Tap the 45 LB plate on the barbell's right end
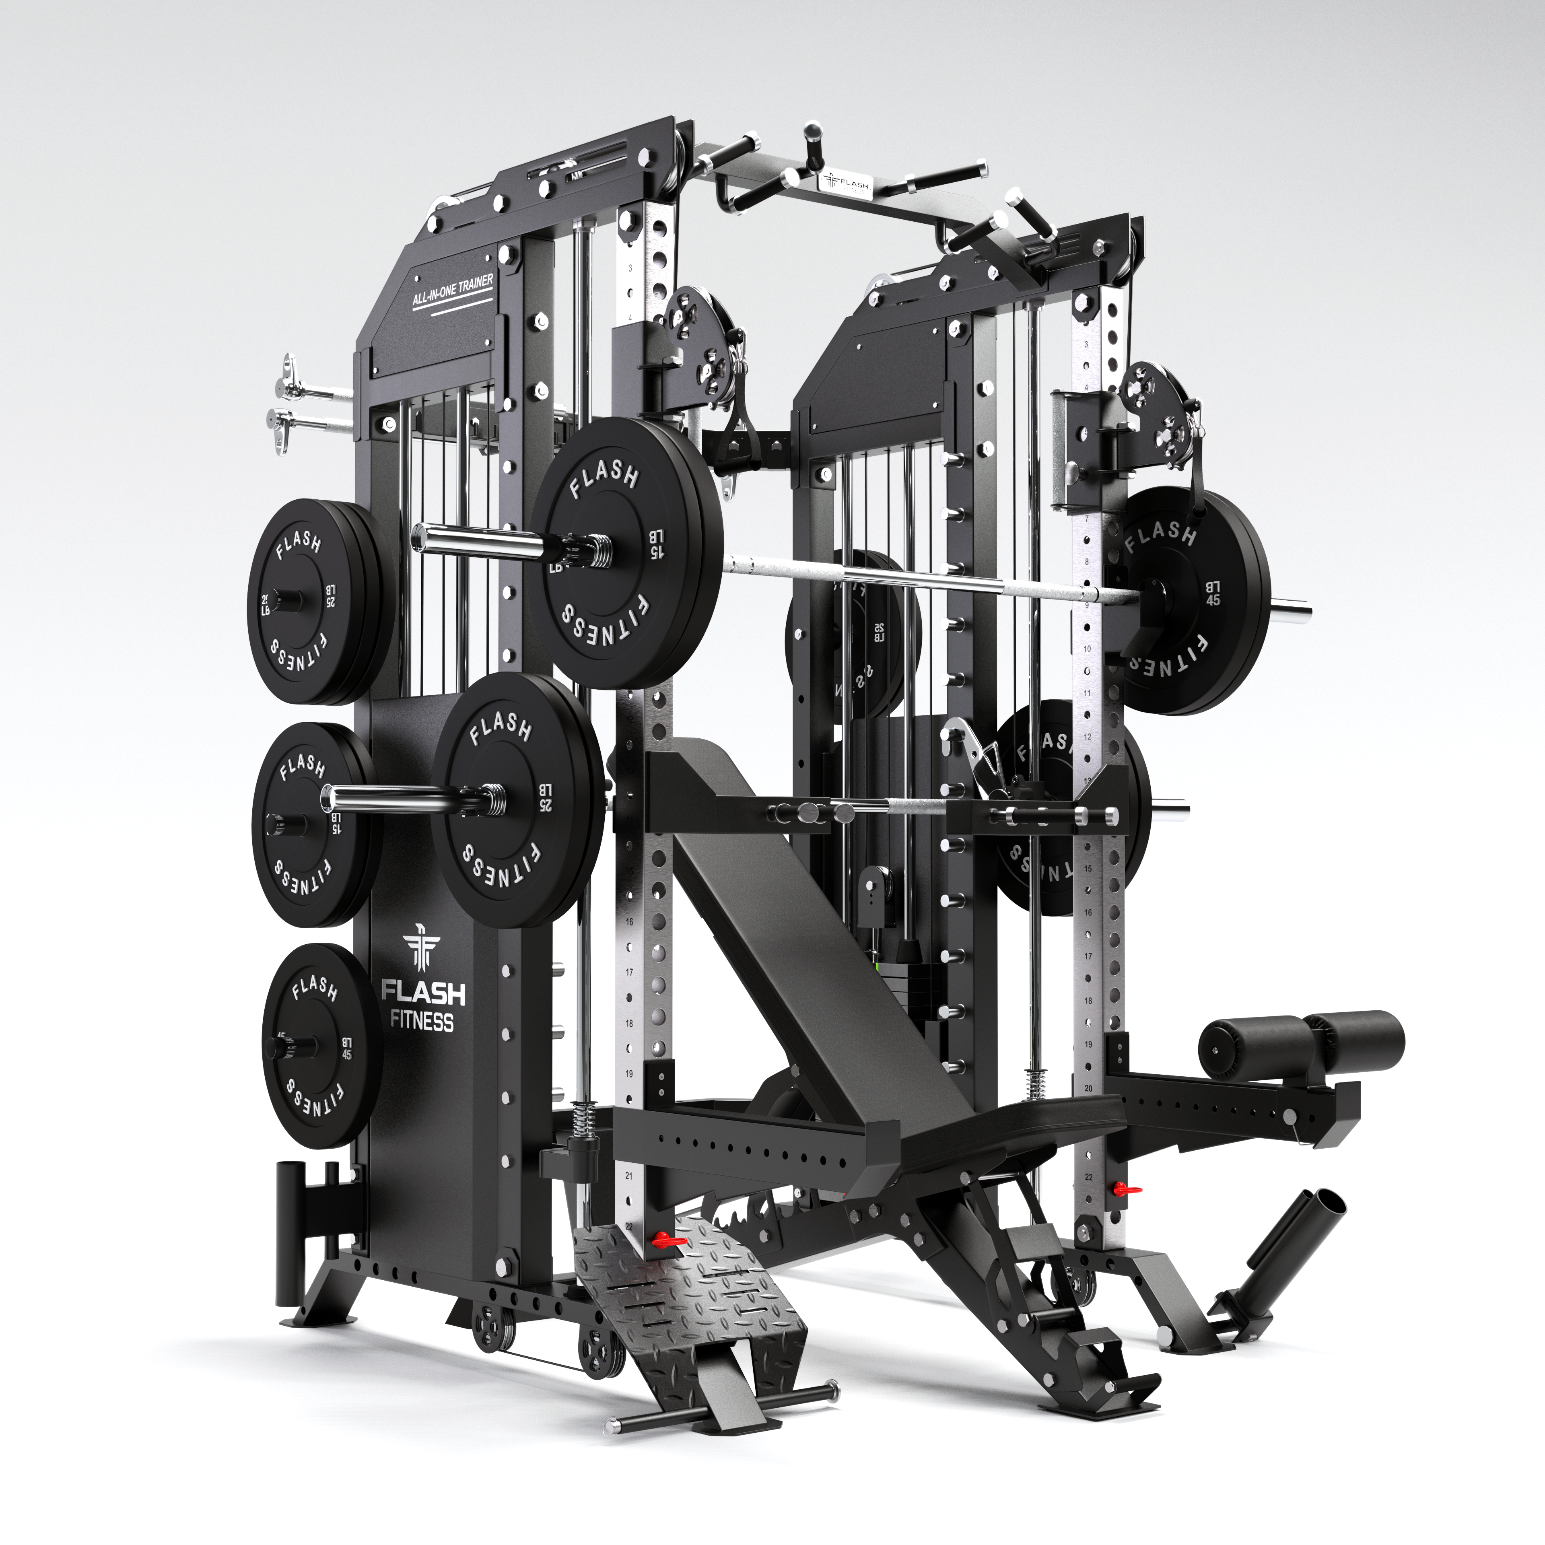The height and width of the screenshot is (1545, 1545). click(1191, 600)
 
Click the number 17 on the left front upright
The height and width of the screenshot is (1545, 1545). click(629, 972)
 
